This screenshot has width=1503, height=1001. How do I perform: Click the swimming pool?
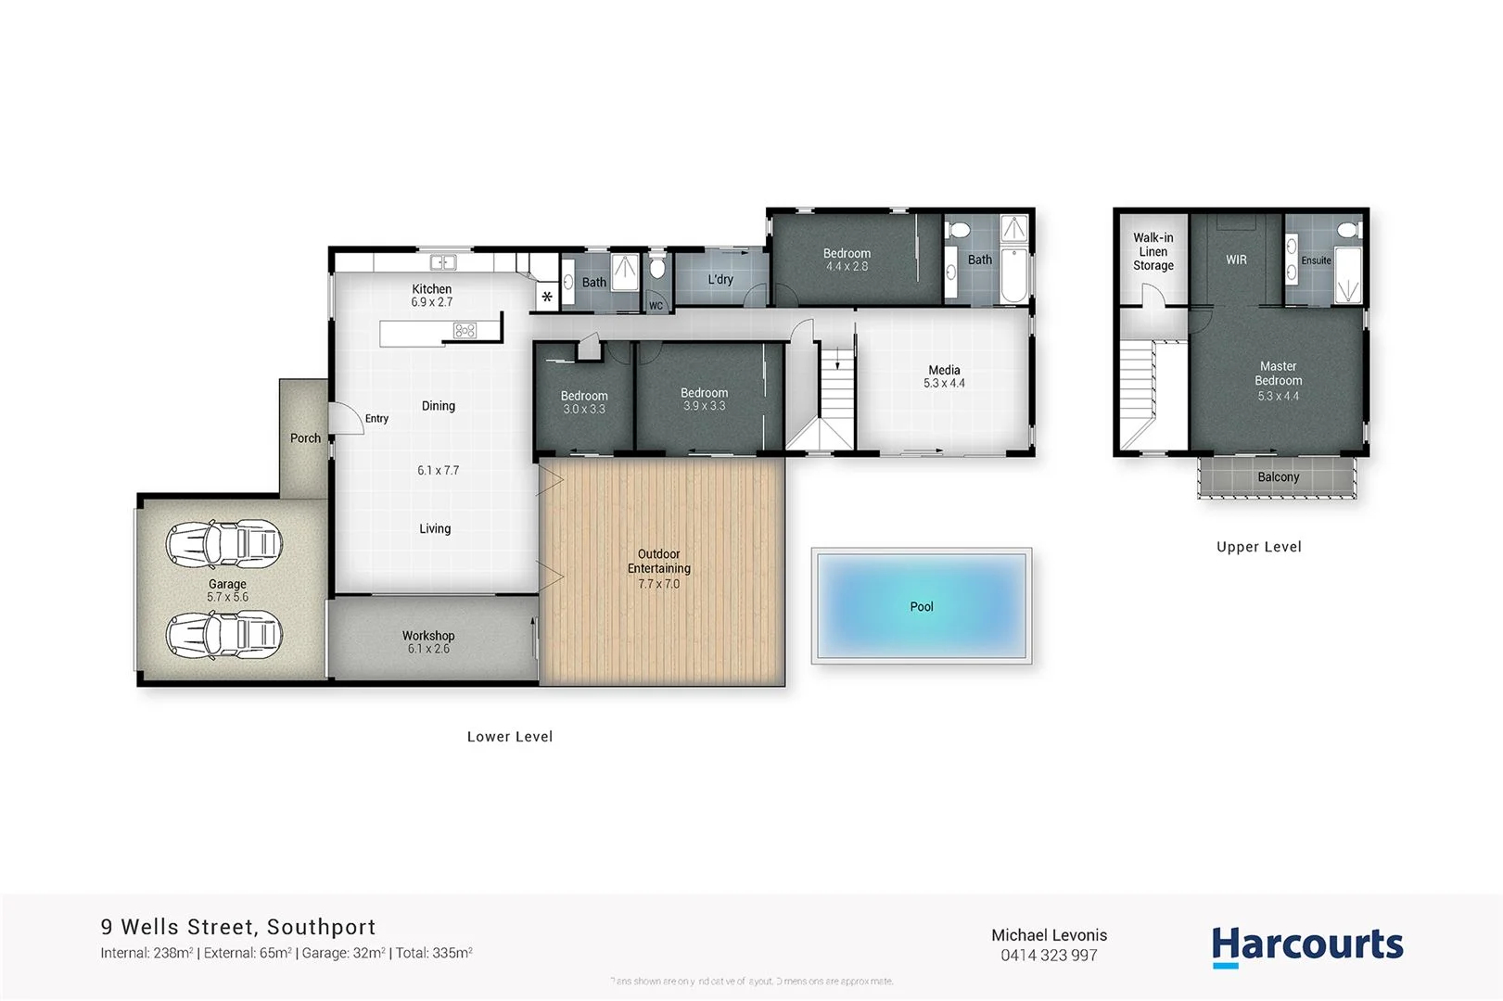click(922, 605)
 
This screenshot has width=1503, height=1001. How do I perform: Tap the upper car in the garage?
click(223, 544)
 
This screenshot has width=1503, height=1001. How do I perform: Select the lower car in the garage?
click(223, 635)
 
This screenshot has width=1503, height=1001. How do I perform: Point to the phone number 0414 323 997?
click(1049, 956)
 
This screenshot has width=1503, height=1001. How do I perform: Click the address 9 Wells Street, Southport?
click(238, 927)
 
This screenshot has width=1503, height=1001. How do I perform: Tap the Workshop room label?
click(427, 636)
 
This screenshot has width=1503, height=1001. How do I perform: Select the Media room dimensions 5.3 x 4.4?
click(944, 384)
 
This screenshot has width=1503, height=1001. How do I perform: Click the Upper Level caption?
click(1258, 547)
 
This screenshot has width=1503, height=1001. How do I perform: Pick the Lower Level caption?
click(509, 737)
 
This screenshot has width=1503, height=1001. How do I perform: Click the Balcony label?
click(1278, 477)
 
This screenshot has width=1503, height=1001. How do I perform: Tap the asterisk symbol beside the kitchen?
click(547, 298)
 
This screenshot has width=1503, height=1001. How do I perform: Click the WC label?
click(656, 306)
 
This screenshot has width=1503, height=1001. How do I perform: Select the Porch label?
click(305, 438)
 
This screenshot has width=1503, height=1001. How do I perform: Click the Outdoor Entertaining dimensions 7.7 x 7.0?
click(658, 584)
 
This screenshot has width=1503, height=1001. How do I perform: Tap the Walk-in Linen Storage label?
click(1153, 251)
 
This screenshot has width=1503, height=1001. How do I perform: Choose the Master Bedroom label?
click(1278, 374)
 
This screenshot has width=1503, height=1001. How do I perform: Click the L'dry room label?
click(720, 279)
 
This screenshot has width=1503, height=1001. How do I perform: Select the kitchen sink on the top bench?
click(442, 263)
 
